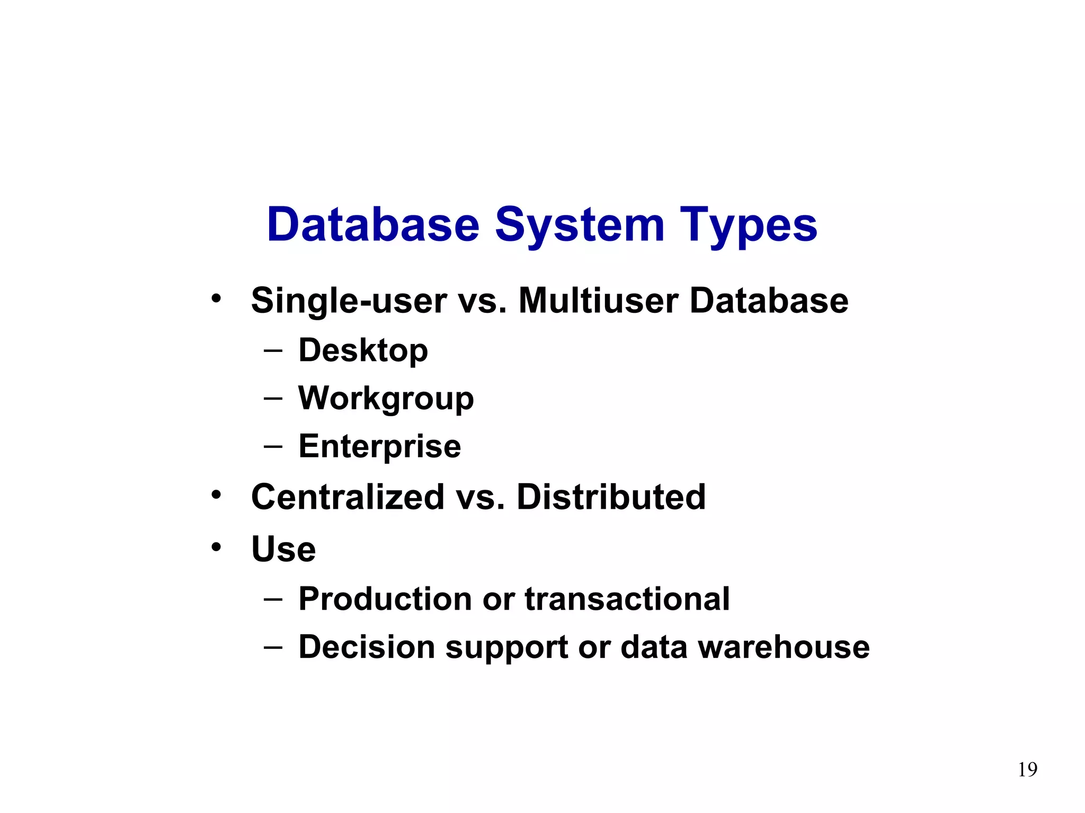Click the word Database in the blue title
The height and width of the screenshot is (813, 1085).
pyautogui.click(x=373, y=225)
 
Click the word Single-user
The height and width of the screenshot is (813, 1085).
pyautogui.click(x=349, y=301)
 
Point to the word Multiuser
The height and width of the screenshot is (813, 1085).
pyautogui.click(x=598, y=300)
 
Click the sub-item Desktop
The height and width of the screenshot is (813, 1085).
pyautogui.click(x=363, y=351)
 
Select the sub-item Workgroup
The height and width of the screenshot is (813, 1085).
pyautogui.click(x=386, y=399)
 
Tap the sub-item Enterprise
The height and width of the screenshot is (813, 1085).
pyautogui.click(x=379, y=446)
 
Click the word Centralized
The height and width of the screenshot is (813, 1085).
pyautogui.click(x=348, y=497)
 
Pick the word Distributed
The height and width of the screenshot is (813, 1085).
pyautogui.click(x=611, y=497)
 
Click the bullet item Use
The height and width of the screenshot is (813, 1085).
pyautogui.click(x=283, y=549)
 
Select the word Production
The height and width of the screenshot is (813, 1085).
pyautogui.click(x=385, y=599)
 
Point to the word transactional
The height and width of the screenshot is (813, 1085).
pyautogui.click(x=627, y=599)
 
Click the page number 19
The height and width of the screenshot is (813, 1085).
pyautogui.click(x=1027, y=769)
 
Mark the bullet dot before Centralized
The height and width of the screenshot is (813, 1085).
pyautogui.click(x=216, y=495)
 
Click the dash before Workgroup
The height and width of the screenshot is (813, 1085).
pyautogui.click(x=272, y=399)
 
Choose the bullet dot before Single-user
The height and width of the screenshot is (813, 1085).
pyautogui.click(x=216, y=298)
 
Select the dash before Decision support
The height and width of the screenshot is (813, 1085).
pyautogui.click(x=272, y=647)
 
